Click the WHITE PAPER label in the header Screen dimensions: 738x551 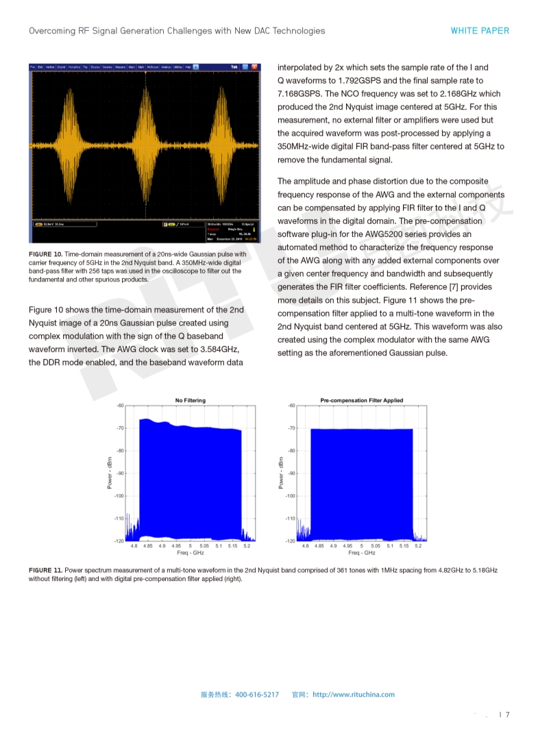tap(480, 31)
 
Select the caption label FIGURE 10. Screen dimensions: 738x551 tap(45, 254)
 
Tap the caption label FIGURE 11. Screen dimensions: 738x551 tap(45, 570)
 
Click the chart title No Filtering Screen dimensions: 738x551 tap(190, 400)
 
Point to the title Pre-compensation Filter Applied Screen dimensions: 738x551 tap(362, 400)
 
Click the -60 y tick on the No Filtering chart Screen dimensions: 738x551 tap(120, 406)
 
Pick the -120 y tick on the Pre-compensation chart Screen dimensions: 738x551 tap(291, 541)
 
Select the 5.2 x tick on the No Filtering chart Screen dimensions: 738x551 tap(247, 546)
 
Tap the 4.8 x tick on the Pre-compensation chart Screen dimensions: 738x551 tap(305, 546)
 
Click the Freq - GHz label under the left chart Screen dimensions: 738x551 tap(191, 553)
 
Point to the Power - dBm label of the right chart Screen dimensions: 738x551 tap(281, 473)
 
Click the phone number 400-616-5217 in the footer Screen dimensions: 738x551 tap(257, 695)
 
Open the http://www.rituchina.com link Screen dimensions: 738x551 tap(354, 695)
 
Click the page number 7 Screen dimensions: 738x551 tap(508, 715)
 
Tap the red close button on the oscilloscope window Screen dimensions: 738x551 tap(255, 67)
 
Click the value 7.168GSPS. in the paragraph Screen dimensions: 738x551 tap(302, 94)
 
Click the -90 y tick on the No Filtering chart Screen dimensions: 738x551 tap(120, 473)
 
